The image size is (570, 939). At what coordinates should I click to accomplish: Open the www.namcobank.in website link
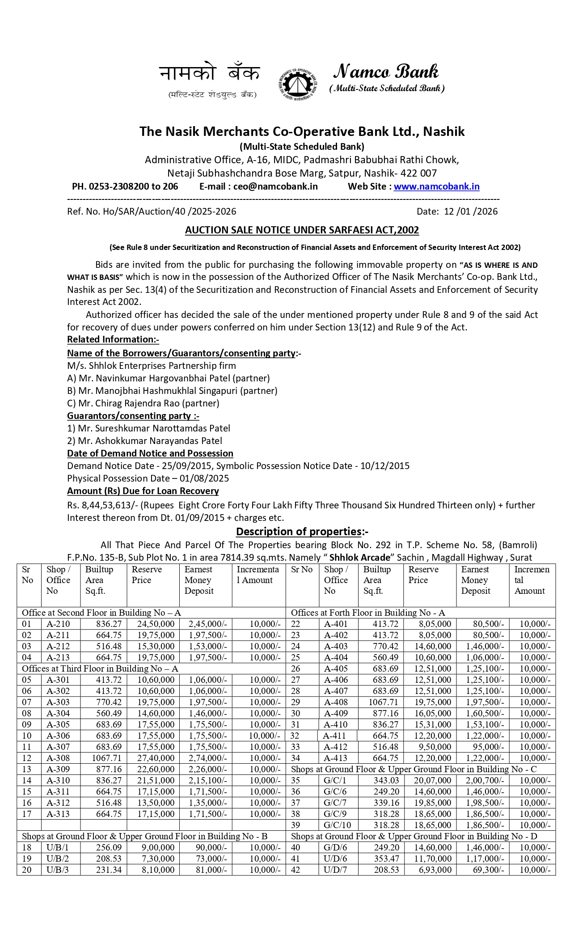[436, 186]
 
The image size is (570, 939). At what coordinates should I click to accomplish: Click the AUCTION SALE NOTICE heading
[302, 230]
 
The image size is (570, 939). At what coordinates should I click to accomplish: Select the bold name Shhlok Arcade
[359, 558]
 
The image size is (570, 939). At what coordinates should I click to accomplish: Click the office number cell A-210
[58, 624]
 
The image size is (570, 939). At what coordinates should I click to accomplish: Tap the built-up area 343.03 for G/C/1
[386, 781]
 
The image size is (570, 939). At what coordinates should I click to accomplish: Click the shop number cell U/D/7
[335, 870]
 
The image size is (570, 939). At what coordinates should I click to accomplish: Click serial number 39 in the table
[296, 825]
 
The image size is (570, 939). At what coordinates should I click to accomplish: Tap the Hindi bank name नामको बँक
[209, 73]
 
